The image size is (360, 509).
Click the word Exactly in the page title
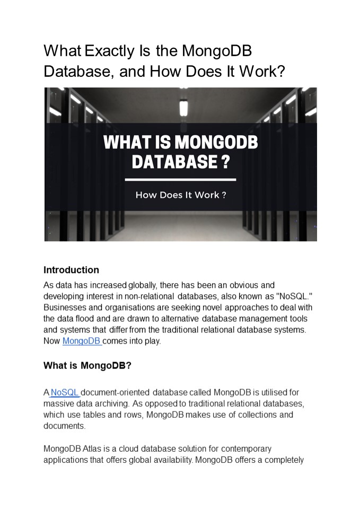click(109, 51)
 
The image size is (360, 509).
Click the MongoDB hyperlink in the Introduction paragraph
click(82, 341)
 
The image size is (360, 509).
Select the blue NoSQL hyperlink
click(65, 392)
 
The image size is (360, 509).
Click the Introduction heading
click(71, 270)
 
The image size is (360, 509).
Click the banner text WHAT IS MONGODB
click(180, 142)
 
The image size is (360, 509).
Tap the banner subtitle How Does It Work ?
click(180, 195)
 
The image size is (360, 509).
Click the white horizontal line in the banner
click(180, 180)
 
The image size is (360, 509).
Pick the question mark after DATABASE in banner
click(225, 161)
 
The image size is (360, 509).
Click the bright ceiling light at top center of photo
click(183, 108)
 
